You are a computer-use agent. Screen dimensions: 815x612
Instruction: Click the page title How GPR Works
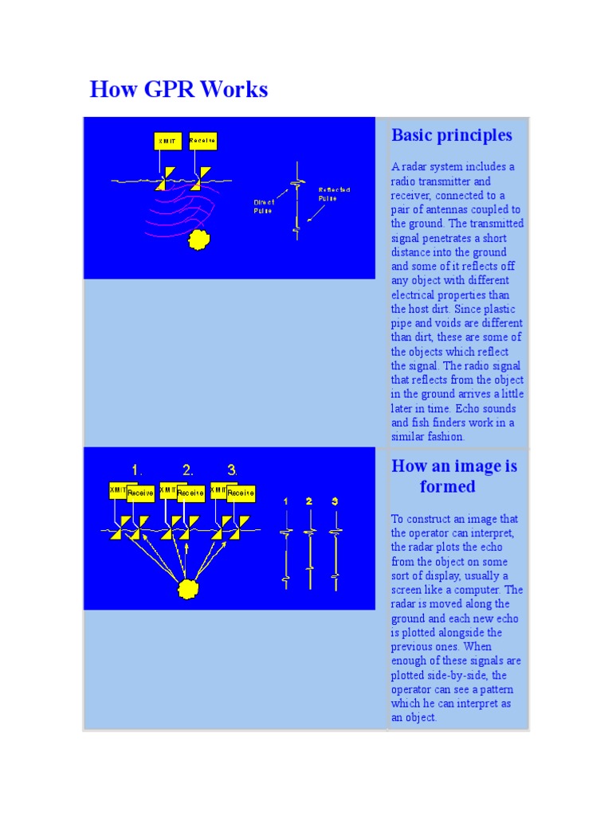click(178, 89)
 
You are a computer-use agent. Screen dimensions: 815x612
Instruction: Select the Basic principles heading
click(451, 135)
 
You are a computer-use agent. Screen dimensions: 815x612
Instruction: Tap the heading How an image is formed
click(453, 476)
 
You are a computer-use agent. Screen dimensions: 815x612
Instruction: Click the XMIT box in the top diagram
click(168, 142)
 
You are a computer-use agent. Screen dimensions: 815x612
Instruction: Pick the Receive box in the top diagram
click(202, 142)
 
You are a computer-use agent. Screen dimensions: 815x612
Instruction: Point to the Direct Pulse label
click(263, 207)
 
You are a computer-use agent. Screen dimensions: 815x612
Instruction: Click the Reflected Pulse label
click(334, 193)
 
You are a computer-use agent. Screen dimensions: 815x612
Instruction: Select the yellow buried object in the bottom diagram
click(187, 589)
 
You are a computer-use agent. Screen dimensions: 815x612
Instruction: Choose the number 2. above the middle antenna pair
click(187, 470)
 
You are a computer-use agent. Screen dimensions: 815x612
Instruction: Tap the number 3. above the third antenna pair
click(232, 470)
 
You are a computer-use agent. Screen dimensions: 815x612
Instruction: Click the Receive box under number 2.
click(191, 493)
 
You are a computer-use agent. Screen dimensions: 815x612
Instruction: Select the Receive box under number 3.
click(241, 493)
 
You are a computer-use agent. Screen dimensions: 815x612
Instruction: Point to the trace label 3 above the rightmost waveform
click(335, 501)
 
